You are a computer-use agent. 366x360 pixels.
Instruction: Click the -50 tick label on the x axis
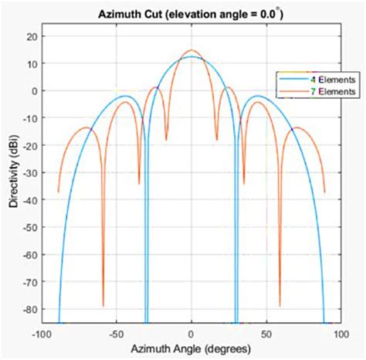(116, 334)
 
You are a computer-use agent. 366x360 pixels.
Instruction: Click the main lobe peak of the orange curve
(191, 51)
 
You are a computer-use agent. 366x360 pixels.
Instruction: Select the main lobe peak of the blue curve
(191, 57)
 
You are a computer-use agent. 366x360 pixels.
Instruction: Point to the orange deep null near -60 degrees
(103, 305)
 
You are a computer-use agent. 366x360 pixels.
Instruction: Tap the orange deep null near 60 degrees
(280, 305)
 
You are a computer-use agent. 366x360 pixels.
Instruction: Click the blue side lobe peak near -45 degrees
(125, 97)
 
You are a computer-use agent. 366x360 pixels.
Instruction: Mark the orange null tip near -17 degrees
(166, 140)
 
